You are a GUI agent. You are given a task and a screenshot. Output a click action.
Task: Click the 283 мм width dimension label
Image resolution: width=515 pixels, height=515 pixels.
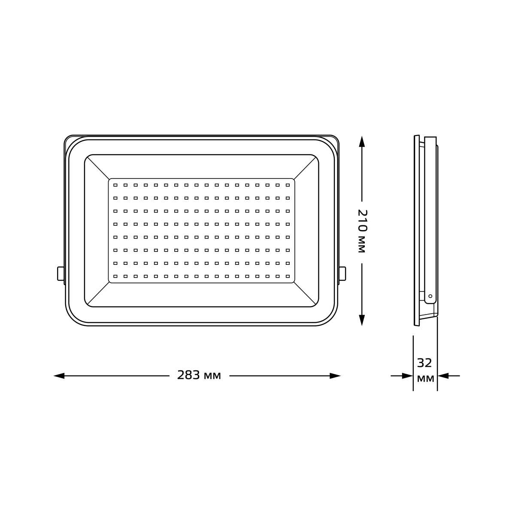point(199,376)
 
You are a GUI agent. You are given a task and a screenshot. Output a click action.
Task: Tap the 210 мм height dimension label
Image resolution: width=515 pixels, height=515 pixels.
point(362,232)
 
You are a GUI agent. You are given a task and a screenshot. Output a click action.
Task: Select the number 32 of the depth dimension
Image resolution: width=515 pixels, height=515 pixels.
point(424,364)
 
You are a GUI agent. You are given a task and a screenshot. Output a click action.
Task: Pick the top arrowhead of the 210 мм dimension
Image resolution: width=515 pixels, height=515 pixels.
point(362,142)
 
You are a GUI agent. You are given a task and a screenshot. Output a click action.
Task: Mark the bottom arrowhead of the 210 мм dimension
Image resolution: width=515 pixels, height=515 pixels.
point(362,320)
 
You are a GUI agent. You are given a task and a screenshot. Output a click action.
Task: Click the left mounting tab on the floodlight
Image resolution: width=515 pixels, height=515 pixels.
point(61,273)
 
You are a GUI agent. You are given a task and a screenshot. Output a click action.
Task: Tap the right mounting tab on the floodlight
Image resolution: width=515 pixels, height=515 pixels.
point(342,273)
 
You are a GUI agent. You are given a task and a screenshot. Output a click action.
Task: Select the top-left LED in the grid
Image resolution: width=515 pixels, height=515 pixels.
point(115,185)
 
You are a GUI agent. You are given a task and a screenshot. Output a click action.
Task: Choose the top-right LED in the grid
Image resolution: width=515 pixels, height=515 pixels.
point(288,185)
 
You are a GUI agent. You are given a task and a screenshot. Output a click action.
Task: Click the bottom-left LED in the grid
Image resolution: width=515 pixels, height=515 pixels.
point(115,276)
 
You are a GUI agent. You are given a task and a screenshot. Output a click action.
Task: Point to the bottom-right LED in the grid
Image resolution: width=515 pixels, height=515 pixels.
point(288,276)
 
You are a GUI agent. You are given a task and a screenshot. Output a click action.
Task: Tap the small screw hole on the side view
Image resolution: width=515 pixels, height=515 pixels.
point(430,296)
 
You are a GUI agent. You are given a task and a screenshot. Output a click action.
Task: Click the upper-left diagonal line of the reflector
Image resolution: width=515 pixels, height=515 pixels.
point(98,168)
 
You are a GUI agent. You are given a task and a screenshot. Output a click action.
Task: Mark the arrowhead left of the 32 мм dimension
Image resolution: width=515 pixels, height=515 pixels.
point(407,376)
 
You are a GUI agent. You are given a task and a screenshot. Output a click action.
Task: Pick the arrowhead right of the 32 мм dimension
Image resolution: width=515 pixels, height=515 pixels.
point(443,376)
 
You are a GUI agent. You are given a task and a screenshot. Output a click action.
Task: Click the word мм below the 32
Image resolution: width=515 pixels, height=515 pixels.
point(425,379)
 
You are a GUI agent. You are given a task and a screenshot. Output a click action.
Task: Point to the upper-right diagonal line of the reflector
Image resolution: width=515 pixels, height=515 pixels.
point(305,168)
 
